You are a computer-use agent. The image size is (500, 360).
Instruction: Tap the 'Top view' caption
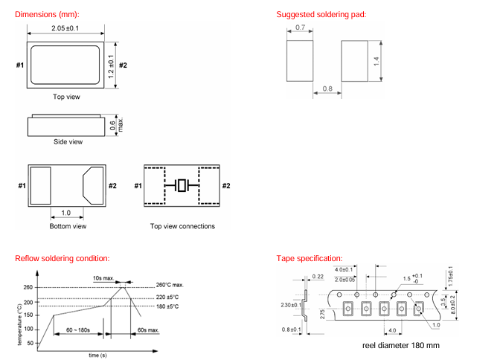(x=66, y=97)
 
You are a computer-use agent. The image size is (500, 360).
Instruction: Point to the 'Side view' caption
(x=68, y=141)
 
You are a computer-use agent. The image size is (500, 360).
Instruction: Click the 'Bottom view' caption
(x=68, y=226)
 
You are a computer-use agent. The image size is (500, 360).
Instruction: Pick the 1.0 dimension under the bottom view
(x=65, y=212)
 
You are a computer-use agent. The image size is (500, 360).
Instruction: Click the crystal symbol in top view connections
(x=182, y=186)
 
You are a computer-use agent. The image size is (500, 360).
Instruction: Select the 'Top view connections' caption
(x=182, y=226)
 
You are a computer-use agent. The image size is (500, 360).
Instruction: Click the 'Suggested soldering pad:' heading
(x=321, y=15)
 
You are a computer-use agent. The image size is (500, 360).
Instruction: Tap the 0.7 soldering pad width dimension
(x=300, y=27)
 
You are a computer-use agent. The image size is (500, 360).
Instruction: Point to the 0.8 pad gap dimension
(x=327, y=89)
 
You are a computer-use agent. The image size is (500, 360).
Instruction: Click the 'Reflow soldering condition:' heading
(x=62, y=258)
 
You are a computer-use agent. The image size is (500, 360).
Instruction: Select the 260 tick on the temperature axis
(x=28, y=288)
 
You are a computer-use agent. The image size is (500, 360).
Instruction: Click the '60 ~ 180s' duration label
(x=72, y=329)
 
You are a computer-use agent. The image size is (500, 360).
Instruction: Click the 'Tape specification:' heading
(x=309, y=258)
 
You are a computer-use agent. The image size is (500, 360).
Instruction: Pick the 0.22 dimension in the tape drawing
(x=318, y=276)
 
